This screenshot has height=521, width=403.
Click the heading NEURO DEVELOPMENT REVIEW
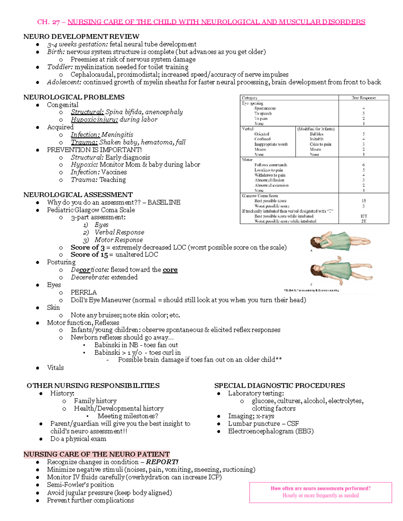point(81,37)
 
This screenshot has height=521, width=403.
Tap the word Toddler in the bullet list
point(59,67)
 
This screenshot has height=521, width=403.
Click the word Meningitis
point(117,135)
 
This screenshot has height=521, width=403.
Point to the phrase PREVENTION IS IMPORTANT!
point(94,150)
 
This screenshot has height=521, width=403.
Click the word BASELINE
point(164,202)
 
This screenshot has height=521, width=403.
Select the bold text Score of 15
point(89,255)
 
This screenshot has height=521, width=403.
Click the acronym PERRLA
point(83,292)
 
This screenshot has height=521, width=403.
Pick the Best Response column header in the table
point(363,98)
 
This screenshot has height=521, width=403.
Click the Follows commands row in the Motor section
point(271,165)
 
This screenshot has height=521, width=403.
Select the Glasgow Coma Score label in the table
point(260,196)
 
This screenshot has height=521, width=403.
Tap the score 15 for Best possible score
point(364,201)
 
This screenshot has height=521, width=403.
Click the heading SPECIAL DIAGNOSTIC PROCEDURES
point(279,385)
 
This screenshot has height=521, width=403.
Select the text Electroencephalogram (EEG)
point(271,431)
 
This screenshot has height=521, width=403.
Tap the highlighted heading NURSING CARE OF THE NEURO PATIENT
point(96,454)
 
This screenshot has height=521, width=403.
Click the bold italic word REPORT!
point(162,462)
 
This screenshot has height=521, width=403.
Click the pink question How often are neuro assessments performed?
point(320,488)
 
